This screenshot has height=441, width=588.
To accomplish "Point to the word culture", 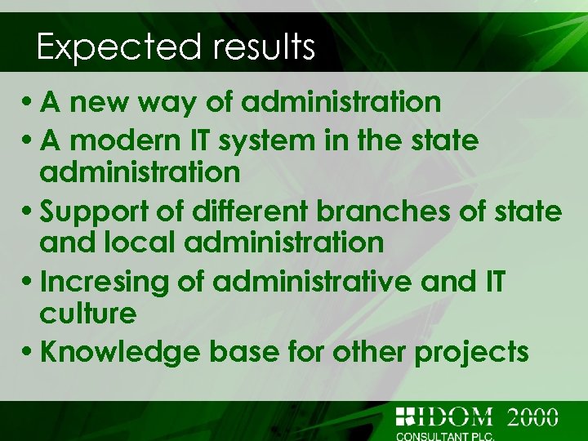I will point(87,313).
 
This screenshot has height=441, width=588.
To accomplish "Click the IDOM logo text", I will point(453,416).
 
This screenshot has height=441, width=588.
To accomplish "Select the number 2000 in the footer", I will point(532,416).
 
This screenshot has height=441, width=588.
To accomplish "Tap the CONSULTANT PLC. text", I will point(444,435).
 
